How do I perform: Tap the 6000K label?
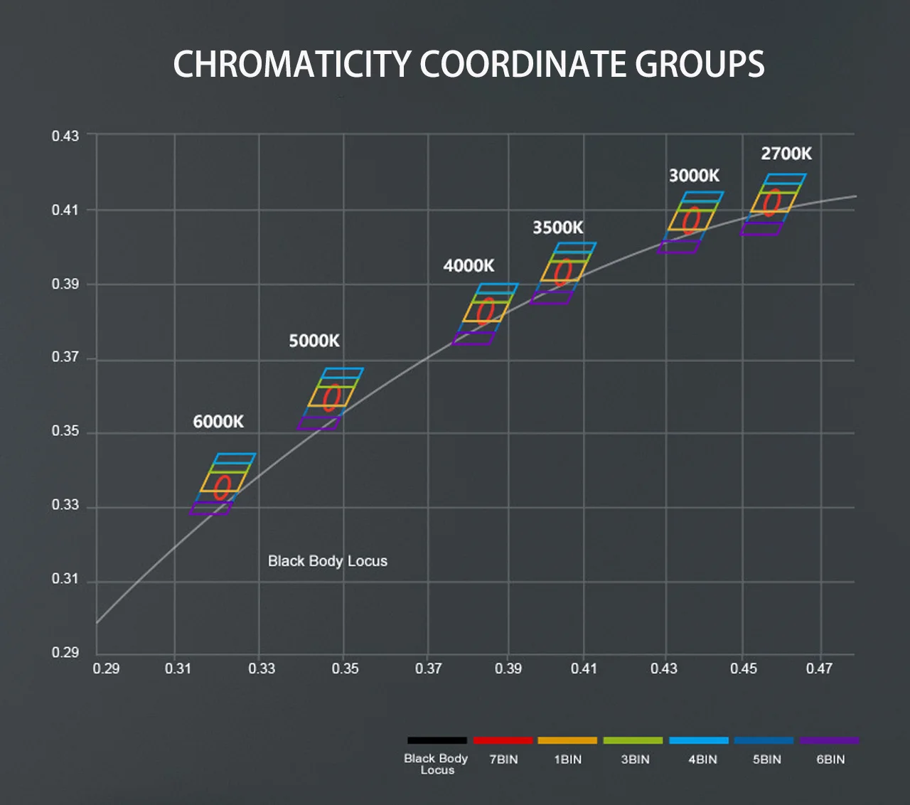click(x=218, y=422)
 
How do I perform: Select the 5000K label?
click(x=314, y=341)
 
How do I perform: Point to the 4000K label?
click(x=469, y=266)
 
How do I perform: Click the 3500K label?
click(x=558, y=228)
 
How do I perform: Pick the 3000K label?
click(x=694, y=176)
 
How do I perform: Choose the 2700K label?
click(x=786, y=154)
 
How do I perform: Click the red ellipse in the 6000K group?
click(x=223, y=488)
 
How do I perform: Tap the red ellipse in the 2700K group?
click(x=771, y=203)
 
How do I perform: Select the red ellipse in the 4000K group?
click(x=486, y=311)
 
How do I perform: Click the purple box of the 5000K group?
click(x=318, y=423)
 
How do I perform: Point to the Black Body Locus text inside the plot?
click(x=328, y=561)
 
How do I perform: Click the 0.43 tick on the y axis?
click(x=65, y=136)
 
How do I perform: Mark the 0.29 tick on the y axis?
click(x=65, y=653)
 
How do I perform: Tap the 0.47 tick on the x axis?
click(x=819, y=668)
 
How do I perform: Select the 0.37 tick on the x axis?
click(x=428, y=668)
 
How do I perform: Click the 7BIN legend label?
click(x=503, y=759)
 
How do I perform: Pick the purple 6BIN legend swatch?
click(x=830, y=740)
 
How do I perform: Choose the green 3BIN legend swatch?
click(x=633, y=740)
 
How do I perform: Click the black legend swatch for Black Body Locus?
click(x=437, y=740)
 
